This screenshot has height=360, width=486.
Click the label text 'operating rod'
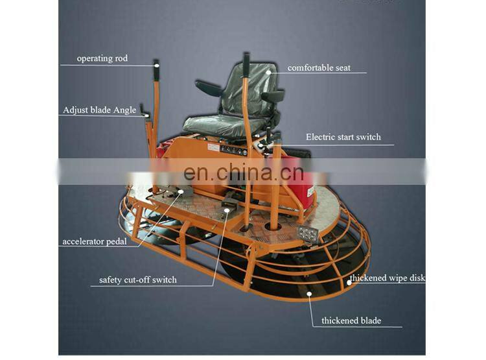(102, 59)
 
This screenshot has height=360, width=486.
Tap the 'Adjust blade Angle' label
(100, 110)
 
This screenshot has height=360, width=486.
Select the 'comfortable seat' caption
(318, 67)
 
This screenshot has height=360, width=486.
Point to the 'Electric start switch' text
(343, 138)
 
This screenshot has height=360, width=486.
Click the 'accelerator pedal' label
(94, 242)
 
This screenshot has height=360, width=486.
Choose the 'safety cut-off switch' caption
(137, 280)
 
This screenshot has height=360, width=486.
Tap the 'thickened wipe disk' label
(387, 279)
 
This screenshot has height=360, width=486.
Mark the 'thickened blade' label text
(351, 321)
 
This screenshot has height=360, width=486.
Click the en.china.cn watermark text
(243, 173)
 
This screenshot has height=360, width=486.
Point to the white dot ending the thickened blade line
(310, 294)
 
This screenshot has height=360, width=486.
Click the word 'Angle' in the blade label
(124, 110)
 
